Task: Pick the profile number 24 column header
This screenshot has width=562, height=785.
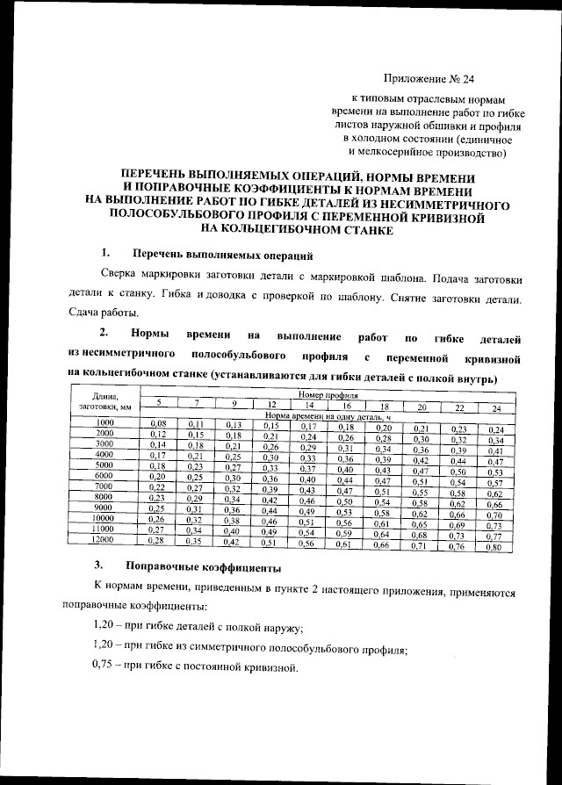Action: pyautogui.click(x=496, y=408)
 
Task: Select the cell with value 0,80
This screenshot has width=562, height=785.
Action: pyautogui.click(x=494, y=548)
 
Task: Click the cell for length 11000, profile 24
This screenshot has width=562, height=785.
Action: pyautogui.click(x=494, y=536)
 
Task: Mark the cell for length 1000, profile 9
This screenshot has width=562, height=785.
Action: pyautogui.click(x=234, y=425)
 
